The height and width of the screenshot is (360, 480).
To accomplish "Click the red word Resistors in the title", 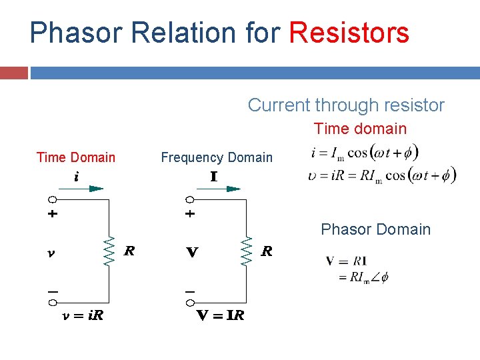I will click(x=349, y=32).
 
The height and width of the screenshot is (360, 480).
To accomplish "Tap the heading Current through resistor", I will click(x=346, y=105).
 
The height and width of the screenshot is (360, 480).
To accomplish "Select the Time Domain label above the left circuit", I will click(x=75, y=157).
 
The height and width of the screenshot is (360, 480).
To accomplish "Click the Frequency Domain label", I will click(x=217, y=157).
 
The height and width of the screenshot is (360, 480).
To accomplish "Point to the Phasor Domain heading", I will click(x=375, y=229).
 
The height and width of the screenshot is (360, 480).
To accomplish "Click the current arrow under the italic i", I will click(x=86, y=189).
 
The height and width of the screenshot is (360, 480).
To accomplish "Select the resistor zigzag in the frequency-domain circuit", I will click(x=247, y=251).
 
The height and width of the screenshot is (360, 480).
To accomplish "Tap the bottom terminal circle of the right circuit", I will click(x=189, y=303).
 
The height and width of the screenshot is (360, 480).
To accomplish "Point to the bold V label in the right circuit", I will click(x=192, y=253).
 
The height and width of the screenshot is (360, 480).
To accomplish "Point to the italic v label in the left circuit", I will click(x=51, y=253).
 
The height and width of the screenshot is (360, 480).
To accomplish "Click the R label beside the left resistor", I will click(x=130, y=251).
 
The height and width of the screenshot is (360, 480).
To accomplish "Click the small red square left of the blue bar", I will click(x=14, y=72).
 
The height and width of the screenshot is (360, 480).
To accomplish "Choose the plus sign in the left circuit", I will click(x=52, y=215).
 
